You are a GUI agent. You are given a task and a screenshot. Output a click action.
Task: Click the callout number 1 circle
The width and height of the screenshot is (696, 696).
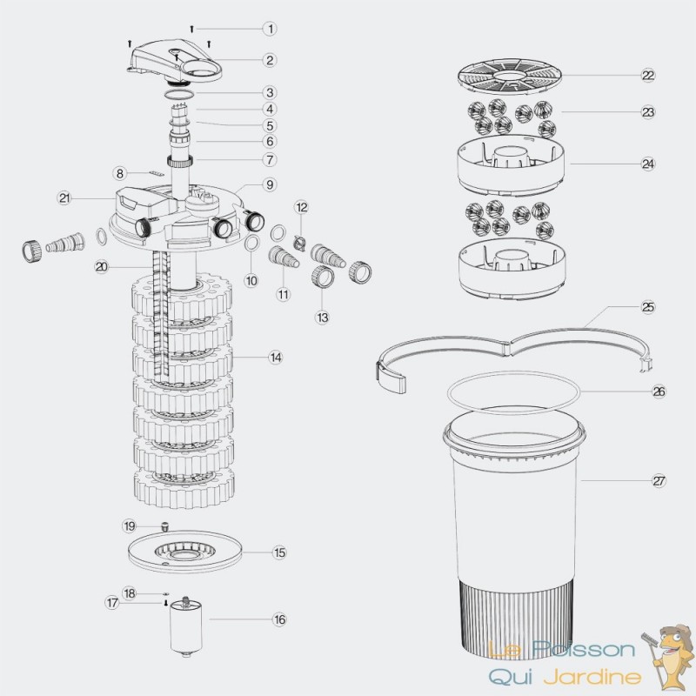pos(270,29)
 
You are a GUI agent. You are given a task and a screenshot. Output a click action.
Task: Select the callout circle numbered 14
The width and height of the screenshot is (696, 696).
pos(276,358)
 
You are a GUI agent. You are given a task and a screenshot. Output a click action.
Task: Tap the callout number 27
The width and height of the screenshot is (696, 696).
pos(659,481)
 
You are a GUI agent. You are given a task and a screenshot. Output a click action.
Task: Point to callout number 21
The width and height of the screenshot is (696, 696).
pos(64,198)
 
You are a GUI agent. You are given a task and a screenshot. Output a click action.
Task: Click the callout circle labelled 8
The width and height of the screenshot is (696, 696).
pos(119,173)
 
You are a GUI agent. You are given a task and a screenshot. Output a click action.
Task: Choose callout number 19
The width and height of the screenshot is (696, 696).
pos(129,526)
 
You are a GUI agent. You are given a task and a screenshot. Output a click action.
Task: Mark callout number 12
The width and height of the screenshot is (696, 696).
pos(302,207)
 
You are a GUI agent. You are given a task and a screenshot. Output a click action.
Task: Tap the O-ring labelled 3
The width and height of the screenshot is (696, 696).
pos(179,94)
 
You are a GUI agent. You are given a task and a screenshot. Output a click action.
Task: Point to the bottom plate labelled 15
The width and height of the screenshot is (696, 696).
pos(184,552)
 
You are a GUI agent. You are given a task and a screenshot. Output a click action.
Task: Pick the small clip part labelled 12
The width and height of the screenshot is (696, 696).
pos(299,242)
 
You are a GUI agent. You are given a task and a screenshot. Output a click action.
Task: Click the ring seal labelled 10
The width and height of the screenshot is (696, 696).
pos(251,244)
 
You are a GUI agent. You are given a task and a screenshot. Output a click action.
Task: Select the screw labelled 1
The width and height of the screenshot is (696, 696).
pos(191,30)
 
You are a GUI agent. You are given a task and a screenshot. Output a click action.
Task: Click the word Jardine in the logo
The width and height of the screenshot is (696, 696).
pos(593,677)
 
